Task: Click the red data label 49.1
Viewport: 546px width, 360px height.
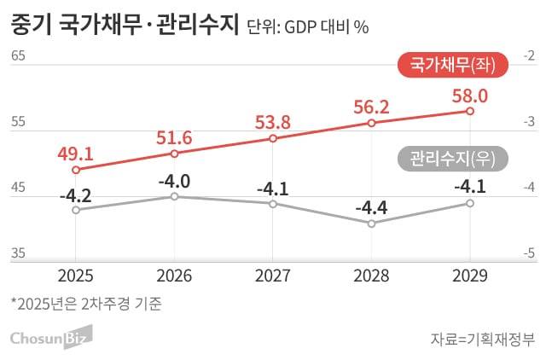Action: click(x=75, y=154)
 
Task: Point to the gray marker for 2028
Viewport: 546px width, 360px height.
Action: click(x=371, y=224)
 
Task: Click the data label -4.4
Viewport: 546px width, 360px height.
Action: click(x=371, y=206)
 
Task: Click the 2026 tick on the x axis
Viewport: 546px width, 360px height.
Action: click(x=174, y=276)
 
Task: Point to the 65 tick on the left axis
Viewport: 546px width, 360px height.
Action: click(x=19, y=56)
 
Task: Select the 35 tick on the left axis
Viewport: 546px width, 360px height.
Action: click(x=19, y=253)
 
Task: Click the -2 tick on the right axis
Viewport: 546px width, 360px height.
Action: click(x=529, y=56)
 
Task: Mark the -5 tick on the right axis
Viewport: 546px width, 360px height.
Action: click(x=529, y=253)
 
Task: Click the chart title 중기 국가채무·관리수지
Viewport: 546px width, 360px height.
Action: click(x=124, y=26)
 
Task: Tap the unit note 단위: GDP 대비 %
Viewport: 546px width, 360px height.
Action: click(x=306, y=27)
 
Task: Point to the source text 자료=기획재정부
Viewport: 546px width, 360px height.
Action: click(x=482, y=340)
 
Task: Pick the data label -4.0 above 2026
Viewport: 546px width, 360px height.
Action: click(x=174, y=181)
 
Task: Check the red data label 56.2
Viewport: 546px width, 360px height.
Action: click(x=371, y=107)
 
